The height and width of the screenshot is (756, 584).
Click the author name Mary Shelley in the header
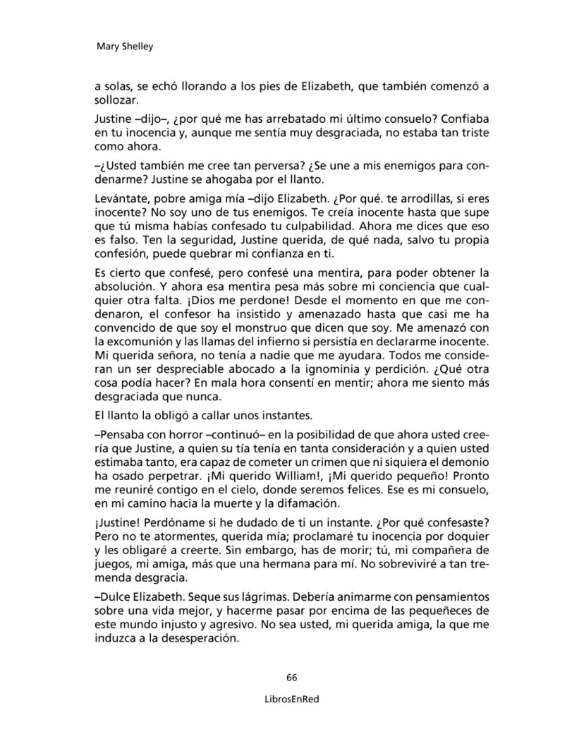coord(123,47)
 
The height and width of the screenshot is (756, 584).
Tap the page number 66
coord(292,678)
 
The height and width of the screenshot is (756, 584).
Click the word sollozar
coord(116,101)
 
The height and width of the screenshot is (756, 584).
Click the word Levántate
coord(120,197)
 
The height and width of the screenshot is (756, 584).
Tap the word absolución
coord(123,287)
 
